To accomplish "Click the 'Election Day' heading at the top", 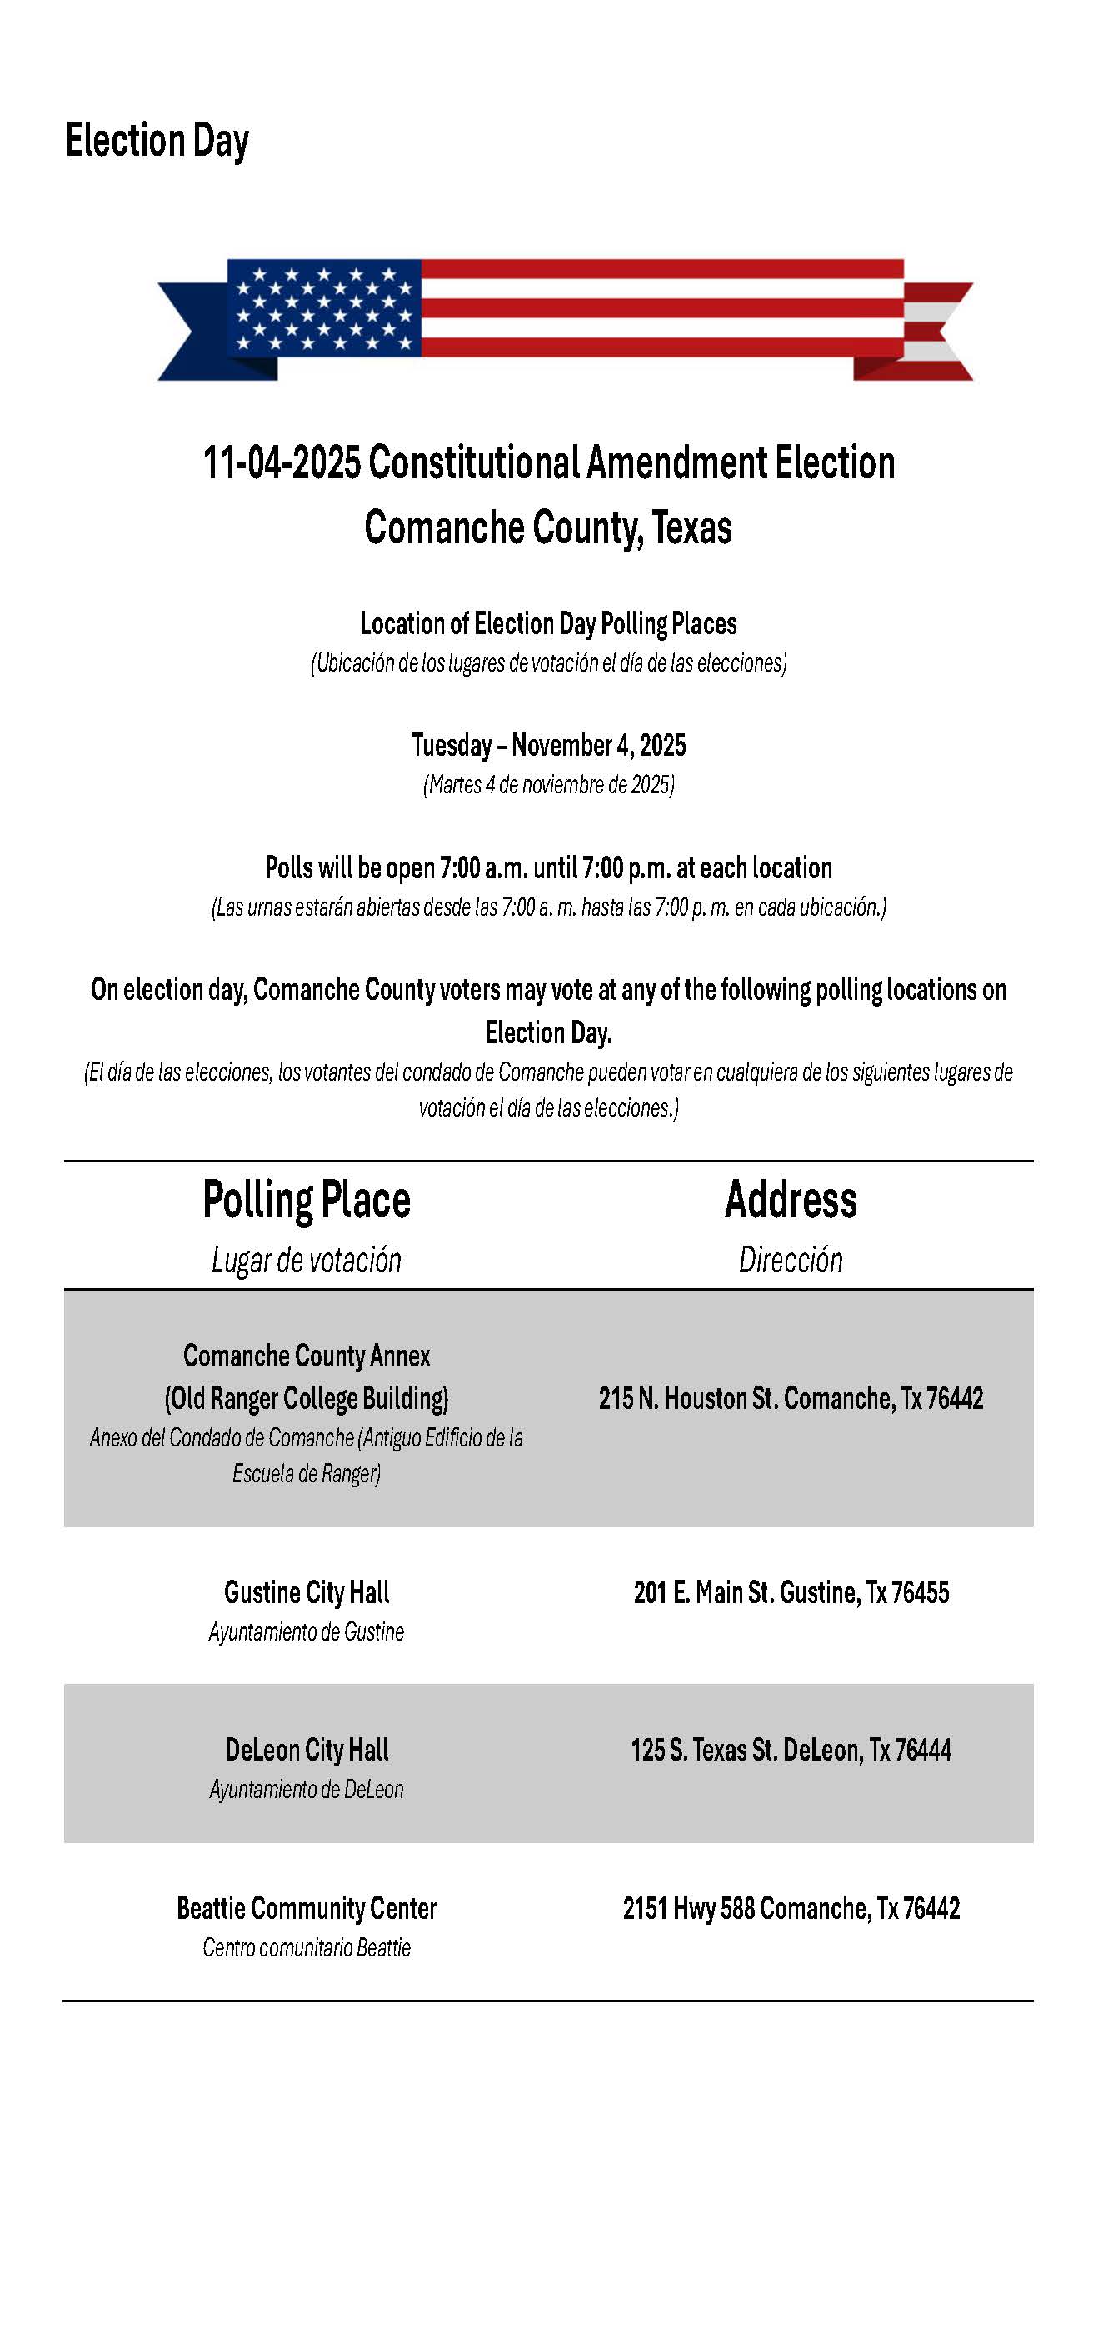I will (157, 141).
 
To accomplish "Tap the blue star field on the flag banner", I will (323, 307).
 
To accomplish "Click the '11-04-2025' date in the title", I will (281, 462).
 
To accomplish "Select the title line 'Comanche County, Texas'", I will (547, 527).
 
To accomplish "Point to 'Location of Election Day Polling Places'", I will (547, 623).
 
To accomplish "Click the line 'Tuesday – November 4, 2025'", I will (548, 746).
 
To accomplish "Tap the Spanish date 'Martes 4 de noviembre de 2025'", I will (548, 784).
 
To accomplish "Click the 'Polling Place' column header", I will (307, 1200).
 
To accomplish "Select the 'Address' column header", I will (791, 1200).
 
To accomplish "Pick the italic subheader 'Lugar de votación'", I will (307, 1260).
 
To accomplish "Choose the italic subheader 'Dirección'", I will (791, 1260).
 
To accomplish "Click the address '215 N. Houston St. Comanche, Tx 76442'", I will (791, 1399).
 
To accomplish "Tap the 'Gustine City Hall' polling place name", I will (307, 1592).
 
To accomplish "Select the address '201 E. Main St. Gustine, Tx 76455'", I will (791, 1592).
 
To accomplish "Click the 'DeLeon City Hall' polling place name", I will (307, 1751).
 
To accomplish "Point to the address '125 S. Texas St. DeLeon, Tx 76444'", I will (791, 1751).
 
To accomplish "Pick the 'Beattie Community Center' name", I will (307, 1909).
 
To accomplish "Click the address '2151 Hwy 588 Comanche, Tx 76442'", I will (791, 1909).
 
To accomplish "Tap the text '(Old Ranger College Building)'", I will (307, 1399).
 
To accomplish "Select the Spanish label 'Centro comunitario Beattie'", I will (307, 1947).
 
